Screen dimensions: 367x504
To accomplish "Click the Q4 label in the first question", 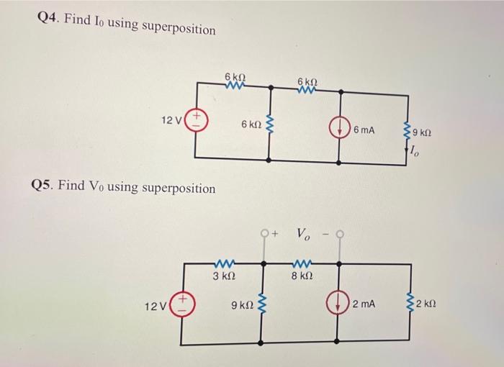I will [48, 19].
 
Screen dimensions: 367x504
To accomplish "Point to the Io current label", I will [414, 151].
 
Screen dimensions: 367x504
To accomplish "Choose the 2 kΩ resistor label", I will [427, 305].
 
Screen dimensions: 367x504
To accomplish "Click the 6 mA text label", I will [365, 130].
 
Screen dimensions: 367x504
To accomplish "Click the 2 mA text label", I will [364, 305].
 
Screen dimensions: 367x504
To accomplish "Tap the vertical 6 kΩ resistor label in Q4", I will [251, 124].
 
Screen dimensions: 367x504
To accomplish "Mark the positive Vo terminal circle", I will [266, 233].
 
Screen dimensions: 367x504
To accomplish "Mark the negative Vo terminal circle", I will [338, 233].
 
